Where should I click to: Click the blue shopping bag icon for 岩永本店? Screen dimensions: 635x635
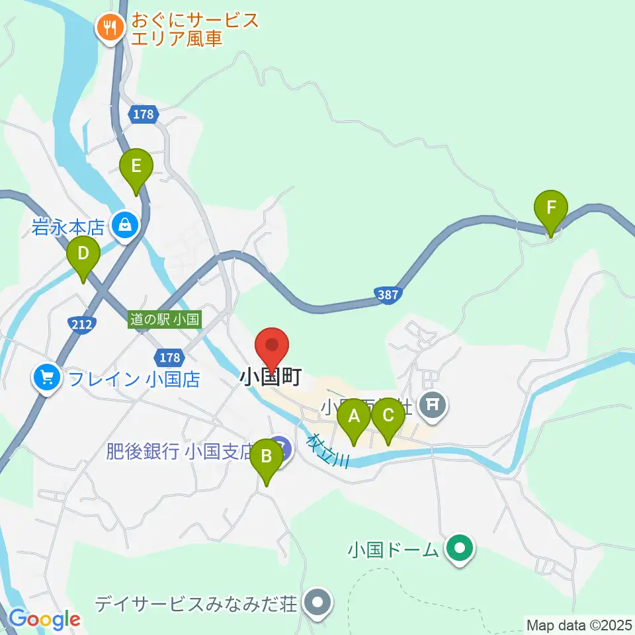(124, 225)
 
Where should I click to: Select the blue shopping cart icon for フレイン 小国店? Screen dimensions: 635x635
(46, 378)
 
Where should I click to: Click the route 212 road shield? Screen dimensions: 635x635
(81, 323)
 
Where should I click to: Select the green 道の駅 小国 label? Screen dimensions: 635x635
(165, 319)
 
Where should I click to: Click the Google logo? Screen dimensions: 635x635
(44, 620)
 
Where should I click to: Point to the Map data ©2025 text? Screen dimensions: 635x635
(579, 624)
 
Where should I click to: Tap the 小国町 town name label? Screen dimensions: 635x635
(271, 378)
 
